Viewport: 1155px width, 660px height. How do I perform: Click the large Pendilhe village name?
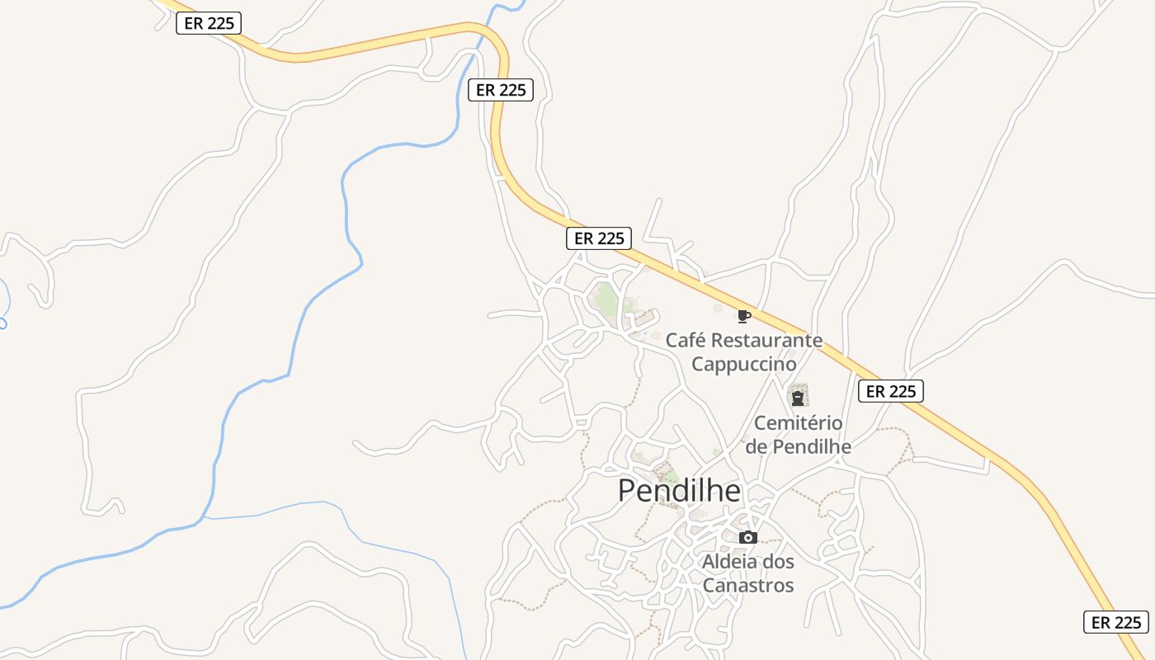(679, 491)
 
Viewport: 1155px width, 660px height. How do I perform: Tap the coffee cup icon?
(743, 316)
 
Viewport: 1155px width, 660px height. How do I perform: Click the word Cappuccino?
(744, 364)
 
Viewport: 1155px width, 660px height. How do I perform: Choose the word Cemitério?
(799, 423)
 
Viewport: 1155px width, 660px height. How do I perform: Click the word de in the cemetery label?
(757, 446)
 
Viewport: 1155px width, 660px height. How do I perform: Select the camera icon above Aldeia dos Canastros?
(747, 538)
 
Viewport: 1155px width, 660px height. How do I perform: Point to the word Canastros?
(748, 586)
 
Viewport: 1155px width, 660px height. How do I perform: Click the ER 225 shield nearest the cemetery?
(890, 391)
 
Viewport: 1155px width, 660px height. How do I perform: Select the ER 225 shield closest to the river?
(501, 90)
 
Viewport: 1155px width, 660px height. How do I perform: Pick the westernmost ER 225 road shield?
(209, 23)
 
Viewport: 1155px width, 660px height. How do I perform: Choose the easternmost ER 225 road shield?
(1115, 622)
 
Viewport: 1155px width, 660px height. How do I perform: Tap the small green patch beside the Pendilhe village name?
(670, 476)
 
